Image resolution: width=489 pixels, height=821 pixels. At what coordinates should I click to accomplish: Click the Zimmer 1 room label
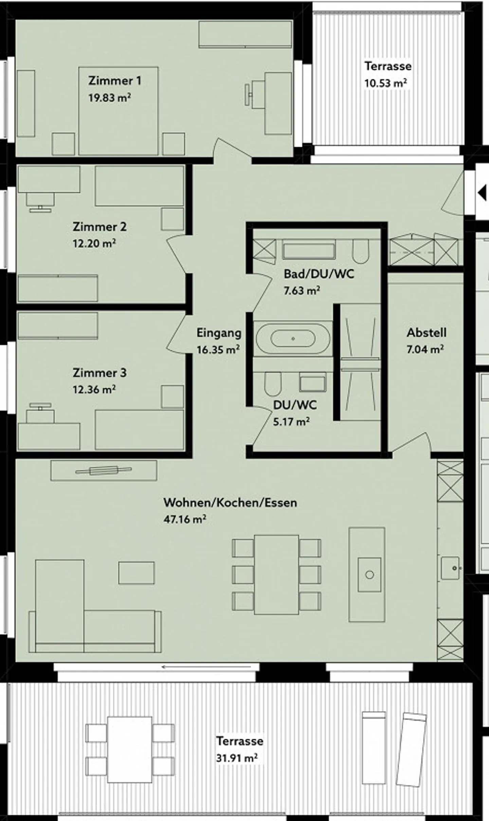click(114, 81)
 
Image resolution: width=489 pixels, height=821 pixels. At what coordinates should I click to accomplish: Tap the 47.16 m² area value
click(185, 519)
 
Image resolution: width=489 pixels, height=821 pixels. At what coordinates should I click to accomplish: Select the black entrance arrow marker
click(482, 193)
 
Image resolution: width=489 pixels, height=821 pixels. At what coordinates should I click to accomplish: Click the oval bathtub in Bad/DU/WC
click(293, 338)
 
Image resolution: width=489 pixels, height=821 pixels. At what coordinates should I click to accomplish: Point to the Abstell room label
click(427, 332)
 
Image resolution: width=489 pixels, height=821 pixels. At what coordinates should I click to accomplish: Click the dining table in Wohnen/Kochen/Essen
click(276, 575)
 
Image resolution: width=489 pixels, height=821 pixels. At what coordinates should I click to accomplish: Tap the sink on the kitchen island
click(369, 575)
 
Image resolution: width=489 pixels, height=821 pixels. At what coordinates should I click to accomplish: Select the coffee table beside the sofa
click(136, 573)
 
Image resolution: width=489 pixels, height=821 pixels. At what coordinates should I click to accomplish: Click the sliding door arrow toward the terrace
click(206, 667)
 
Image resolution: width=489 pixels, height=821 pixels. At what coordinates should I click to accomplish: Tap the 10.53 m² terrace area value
click(385, 83)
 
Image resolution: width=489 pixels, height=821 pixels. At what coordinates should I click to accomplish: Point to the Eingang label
click(219, 333)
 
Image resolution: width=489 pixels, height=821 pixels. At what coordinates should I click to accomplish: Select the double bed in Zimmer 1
click(118, 111)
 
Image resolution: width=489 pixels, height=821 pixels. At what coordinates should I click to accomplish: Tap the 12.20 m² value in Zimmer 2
click(94, 243)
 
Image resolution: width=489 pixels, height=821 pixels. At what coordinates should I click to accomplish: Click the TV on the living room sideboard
click(104, 471)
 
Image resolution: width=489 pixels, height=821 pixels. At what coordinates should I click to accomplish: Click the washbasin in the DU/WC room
click(312, 383)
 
